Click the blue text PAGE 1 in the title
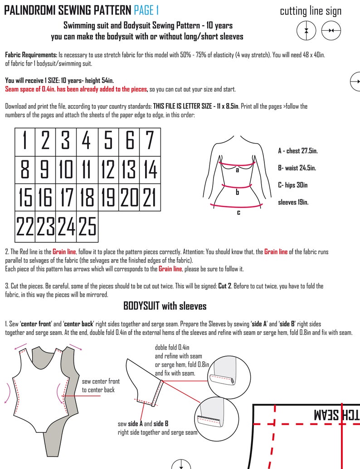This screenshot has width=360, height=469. coord(146,10)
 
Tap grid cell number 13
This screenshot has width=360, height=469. coord(129,169)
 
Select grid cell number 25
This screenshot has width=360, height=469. coord(88,226)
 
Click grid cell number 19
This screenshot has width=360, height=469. coord(108,198)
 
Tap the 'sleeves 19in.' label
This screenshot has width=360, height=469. coord(293,202)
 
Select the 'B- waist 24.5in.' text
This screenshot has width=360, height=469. coord(297,168)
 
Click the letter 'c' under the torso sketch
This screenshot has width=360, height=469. coord(238,212)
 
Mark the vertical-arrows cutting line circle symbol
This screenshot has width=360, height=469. coord(306,30)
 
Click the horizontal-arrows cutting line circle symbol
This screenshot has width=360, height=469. coord(331,30)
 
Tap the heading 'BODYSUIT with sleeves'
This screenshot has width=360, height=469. coord(165,306)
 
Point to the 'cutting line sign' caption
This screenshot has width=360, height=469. coord(311,11)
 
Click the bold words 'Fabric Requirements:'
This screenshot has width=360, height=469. coord(31,55)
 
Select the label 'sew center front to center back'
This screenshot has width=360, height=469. coord(101,385)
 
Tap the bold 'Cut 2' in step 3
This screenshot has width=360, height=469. coord(225,286)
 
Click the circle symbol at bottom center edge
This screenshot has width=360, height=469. coord(181,464)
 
